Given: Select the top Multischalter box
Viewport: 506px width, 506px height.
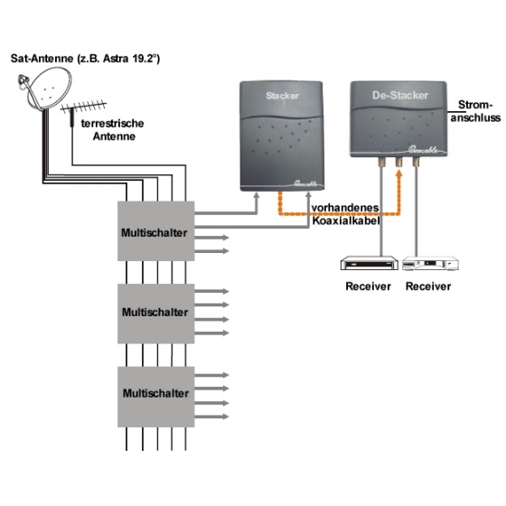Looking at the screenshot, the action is click(x=155, y=231).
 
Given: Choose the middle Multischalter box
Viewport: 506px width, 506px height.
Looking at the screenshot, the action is click(x=155, y=314).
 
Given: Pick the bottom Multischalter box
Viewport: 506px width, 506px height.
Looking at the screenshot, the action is click(x=155, y=397).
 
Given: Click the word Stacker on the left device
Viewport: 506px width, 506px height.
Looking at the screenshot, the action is click(x=282, y=96).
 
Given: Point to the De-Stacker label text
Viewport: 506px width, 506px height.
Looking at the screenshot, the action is click(x=400, y=95).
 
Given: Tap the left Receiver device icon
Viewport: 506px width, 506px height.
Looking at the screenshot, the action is click(x=370, y=263).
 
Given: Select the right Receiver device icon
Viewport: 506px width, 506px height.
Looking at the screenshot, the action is click(x=430, y=263).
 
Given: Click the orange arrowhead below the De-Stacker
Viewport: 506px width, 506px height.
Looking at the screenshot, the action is click(x=399, y=174).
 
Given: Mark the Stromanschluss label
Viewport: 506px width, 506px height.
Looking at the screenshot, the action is click(x=475, y=111).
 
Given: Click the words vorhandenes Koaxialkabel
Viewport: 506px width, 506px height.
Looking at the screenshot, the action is click(x=345, y=214).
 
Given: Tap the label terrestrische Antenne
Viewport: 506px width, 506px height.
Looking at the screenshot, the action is click(x=113, y=130).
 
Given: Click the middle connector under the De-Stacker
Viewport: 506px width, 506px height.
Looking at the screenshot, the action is click(x=399, y=162).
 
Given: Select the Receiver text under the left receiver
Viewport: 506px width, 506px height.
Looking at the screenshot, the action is click(x=369, y=286).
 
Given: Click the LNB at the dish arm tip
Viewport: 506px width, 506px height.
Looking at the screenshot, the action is click(x=23, y=81).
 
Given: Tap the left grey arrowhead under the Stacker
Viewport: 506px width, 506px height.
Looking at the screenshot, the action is click(x=257, y=196).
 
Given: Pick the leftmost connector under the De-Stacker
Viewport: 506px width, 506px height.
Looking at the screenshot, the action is click(x=381, y=162).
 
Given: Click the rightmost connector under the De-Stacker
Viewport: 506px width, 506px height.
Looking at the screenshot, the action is click(x=416, y=162).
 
